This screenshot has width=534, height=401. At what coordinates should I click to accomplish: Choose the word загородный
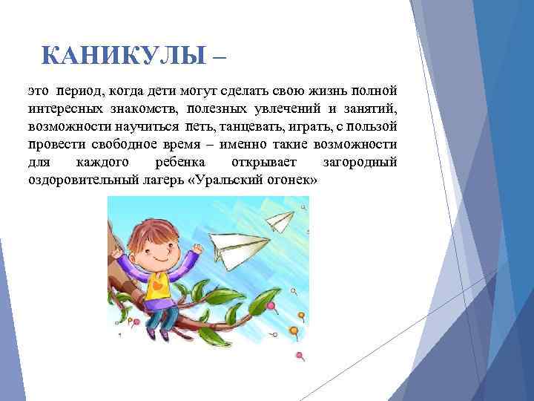[x=360, y=163]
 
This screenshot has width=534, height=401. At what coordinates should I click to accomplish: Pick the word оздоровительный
[x=82, y=181]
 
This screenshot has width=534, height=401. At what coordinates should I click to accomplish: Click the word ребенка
[x=182, y=163]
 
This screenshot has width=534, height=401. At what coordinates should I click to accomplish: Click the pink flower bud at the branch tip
[x=271, y=305]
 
